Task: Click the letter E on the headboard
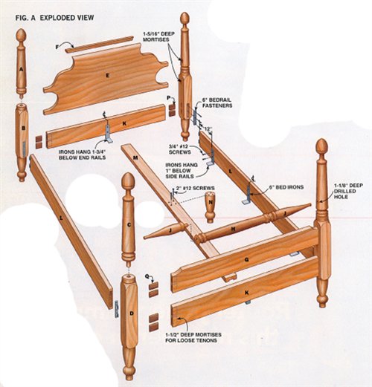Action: click(107, 76)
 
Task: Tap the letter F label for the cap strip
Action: click(57, 47)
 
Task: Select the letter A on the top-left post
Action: click(22, 70)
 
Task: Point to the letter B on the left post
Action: click(24, 129)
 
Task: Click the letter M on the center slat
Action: click(135, 157)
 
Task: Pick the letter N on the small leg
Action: click(211, 202)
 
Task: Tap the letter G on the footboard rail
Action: click(246, 259)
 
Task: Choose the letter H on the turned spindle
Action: click(233, 230)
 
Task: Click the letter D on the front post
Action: click(132, 313)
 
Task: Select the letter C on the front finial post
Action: click(129, 225)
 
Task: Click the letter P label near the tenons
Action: click(169, 98)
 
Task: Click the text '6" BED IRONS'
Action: click(286, 187)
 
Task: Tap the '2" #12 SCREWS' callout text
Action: click(196, 188)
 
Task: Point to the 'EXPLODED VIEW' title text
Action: click(67, 18)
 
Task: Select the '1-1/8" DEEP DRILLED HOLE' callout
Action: click(348, 191)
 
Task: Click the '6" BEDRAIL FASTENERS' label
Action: click(217, 103)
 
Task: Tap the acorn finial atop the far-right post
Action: click(322, 146)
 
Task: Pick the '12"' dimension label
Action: click(209, 129)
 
